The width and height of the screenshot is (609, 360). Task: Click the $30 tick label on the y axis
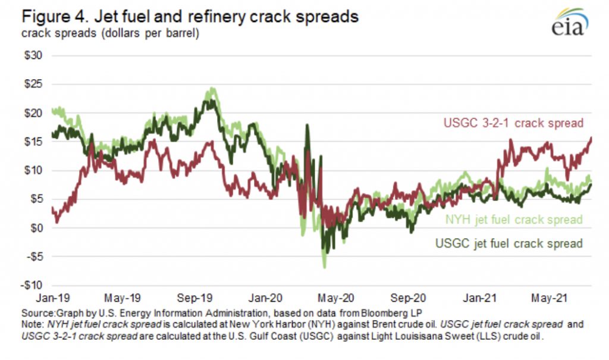(x=37, y=55)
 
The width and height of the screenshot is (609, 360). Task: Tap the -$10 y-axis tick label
(x=36, y=286)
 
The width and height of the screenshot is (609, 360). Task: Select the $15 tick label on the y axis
(x=37, y=142)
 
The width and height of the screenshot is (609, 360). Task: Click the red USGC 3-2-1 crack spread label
(x=513, y=123)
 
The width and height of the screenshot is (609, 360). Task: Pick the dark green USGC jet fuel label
(x=508, y=243)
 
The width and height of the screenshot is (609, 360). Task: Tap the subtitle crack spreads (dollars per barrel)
(x=110, y=33)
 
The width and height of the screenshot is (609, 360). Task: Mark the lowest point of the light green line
(x=324, y=267)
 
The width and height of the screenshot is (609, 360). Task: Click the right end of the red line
(x=591, y=138)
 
